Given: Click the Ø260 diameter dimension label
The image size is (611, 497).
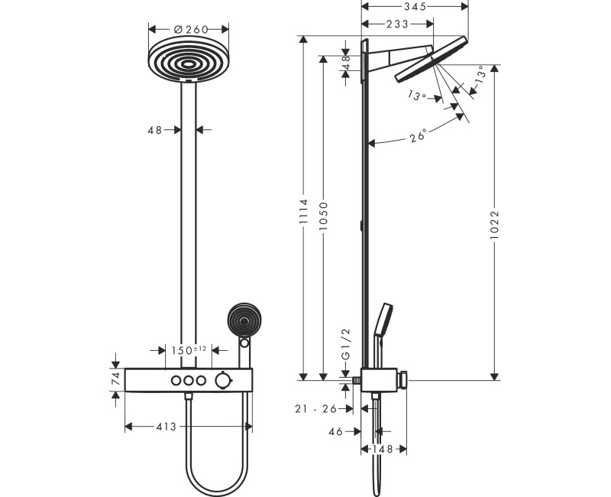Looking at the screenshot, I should tap(187, 29).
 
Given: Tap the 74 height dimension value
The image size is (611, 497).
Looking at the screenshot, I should tap(115, 378).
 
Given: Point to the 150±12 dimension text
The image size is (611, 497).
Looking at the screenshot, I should tap(188, 350).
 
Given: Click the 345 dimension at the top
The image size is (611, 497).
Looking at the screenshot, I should tap(415, 6).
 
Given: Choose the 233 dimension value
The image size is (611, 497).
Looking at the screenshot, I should tap(396, 24).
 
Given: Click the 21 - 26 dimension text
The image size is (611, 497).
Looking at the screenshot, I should tap(316, 409).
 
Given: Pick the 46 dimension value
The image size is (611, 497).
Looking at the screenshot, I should tap(335, 431).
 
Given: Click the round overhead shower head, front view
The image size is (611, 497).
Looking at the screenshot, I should tap(188, 60).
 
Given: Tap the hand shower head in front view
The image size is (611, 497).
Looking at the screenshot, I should tap(245, 319).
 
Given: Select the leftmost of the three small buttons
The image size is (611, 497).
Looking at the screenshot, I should tap(175, 380).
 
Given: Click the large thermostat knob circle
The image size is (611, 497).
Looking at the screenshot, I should tap(224, 380).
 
